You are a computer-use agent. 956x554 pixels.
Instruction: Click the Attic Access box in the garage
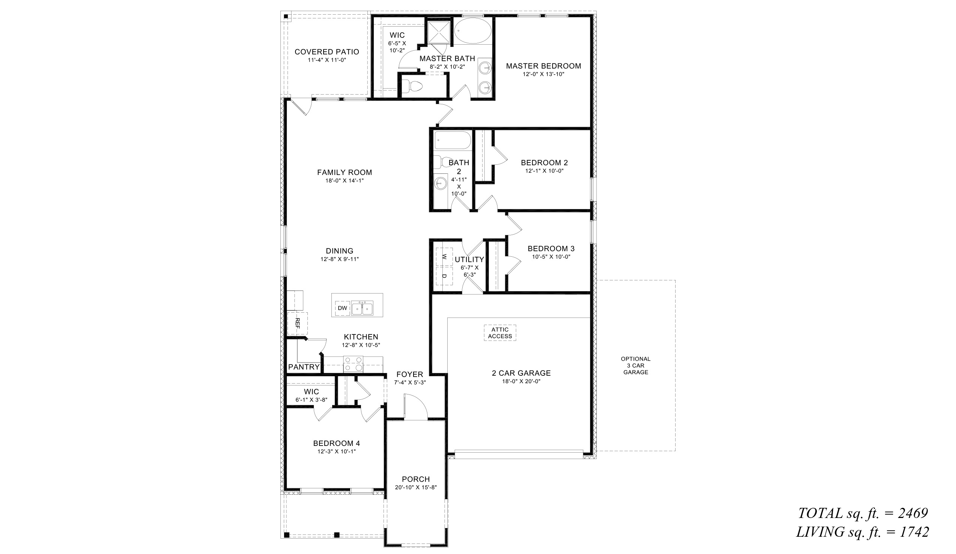click(500, 333)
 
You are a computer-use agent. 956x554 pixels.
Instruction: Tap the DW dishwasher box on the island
click(342, 308)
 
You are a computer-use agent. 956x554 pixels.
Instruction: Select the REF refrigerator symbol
click(297, 323)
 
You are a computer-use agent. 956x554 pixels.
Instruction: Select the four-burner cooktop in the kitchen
click(353, 364)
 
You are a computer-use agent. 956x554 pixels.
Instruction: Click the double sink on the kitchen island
click(362, 308)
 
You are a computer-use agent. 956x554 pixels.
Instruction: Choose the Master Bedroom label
click(543, 66)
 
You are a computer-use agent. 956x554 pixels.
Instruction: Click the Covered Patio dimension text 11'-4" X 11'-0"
click(327, 60)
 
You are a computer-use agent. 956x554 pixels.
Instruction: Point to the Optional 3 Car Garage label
click(635, 365)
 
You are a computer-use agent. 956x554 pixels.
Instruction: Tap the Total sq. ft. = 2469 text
click(863, 513)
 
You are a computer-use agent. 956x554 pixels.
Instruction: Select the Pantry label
click(304, 367)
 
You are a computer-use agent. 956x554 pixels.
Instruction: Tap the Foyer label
click(409, 374)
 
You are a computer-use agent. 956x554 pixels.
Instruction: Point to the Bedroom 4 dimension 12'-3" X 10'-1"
click(337, 452)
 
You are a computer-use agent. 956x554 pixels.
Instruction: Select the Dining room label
click(339, 251)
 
